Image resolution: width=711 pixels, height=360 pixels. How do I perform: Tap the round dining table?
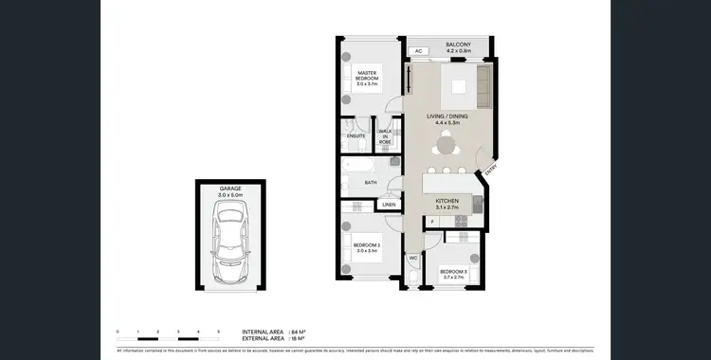pyautogui.click(x=447, y=147)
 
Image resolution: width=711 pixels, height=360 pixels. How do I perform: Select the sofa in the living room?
pyautogui.click(x=483, y=87)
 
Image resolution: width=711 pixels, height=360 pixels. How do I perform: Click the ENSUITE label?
pyautogui.click(x=355, y=136)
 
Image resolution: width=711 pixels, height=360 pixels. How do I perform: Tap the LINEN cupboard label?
pyautogui.click(x=389, y=205)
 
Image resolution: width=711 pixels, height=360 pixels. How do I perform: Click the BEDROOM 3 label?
pyautogui.click(x=452, y=274)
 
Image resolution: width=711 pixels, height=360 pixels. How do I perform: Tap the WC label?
pyautogui.click(x=413, y=257)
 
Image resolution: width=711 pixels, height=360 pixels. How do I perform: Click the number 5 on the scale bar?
pyautogui.click(x=219, y=332)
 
